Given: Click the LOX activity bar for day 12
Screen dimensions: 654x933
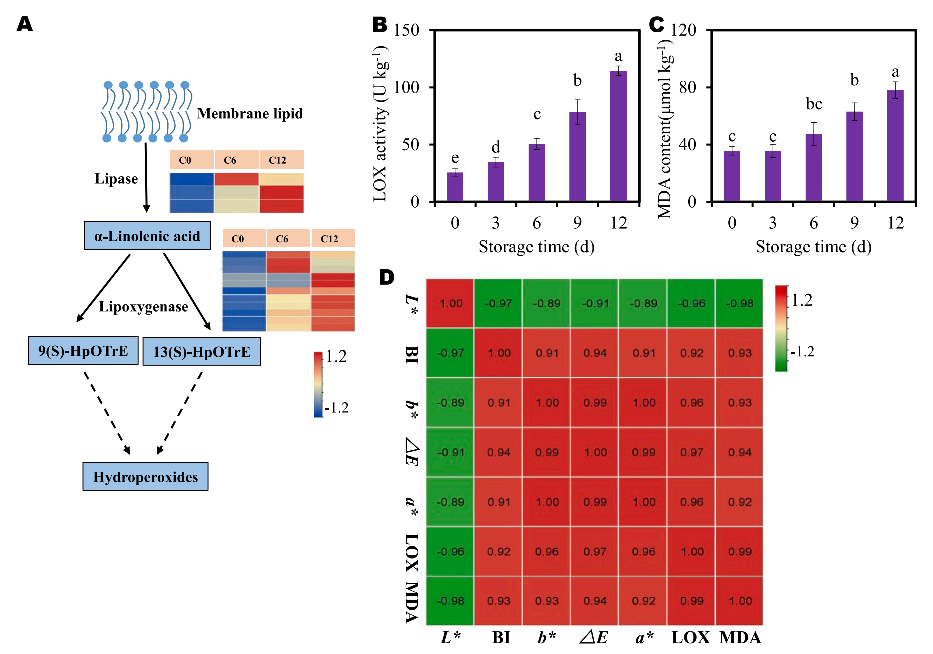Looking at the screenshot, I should coord(618,136).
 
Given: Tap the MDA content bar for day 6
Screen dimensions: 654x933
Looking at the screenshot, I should coord(813,168).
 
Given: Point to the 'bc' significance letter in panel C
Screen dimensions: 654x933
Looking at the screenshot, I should coord(814,104).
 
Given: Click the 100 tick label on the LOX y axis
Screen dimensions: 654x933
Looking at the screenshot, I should coord(406,87).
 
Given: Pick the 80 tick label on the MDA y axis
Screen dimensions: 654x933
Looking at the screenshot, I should coord(687,87).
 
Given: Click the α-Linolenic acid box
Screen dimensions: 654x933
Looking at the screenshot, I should coord(147,236).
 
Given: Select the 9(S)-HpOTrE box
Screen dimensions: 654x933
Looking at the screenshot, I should coord(83,350).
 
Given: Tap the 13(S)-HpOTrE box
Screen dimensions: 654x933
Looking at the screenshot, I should coord(202,351).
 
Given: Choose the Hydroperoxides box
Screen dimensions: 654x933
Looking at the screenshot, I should coord(145,476).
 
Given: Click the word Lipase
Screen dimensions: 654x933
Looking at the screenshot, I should coord(116,179).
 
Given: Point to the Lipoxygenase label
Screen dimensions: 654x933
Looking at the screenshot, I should coord(143,306).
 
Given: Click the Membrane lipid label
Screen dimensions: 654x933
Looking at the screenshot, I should coord(250,114).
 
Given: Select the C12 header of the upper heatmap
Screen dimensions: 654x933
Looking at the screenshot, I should coord(278,160).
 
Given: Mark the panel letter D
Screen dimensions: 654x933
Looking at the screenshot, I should coord(386,277).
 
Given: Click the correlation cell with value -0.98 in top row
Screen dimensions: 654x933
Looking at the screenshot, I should coord(739,303).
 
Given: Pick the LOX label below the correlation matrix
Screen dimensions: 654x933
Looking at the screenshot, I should coord(691,637).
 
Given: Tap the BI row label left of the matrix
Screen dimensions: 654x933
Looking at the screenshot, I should coord(412,354).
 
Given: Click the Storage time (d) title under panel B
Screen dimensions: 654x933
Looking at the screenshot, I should coord(536,247).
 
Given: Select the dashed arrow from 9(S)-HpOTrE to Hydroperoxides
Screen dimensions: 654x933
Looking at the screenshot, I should coord(107,413).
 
